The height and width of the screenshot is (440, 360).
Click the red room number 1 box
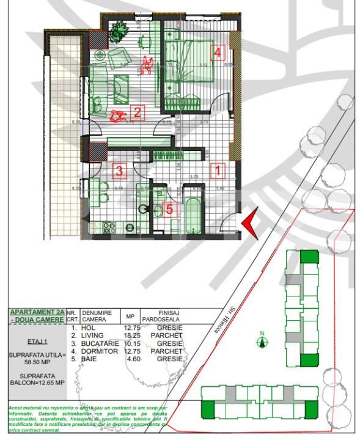[218, 170]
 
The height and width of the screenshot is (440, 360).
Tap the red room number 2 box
[138, 112]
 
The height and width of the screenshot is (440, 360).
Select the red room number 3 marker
[120, 172]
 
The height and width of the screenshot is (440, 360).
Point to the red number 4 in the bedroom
[216, 53]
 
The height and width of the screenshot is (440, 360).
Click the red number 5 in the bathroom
[169, 208]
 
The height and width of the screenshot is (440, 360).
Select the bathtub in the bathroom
[194, 214]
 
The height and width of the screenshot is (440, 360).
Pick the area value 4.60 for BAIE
[132, 359]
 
